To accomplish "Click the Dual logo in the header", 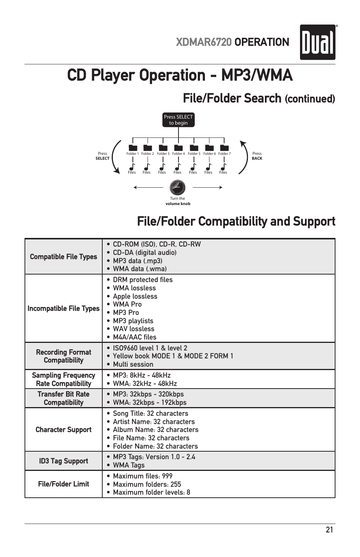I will click(318, 42).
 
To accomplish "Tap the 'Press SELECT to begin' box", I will click(178, 120).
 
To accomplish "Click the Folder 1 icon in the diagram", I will click(132, 147).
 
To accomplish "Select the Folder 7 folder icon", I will click(224, 147).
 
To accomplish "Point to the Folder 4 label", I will click(178, 154).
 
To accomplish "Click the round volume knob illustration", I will click(177, 187).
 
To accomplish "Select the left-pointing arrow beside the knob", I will click(148, 187).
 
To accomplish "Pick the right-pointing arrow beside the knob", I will click(208, 187).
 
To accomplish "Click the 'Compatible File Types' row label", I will click(63, 257).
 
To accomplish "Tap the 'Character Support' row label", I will click(63, 430).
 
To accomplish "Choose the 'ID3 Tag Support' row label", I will click(63, 461).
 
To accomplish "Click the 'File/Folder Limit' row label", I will click(63, 484).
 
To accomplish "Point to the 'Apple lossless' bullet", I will click(135, 296).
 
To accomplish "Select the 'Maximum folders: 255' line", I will click(147, 484).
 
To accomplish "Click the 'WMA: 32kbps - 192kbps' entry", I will click(149, 403).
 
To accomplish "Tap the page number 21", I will click(329, 530).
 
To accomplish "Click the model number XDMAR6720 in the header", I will click(204, 42).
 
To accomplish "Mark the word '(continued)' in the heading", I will click(310, 99).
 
